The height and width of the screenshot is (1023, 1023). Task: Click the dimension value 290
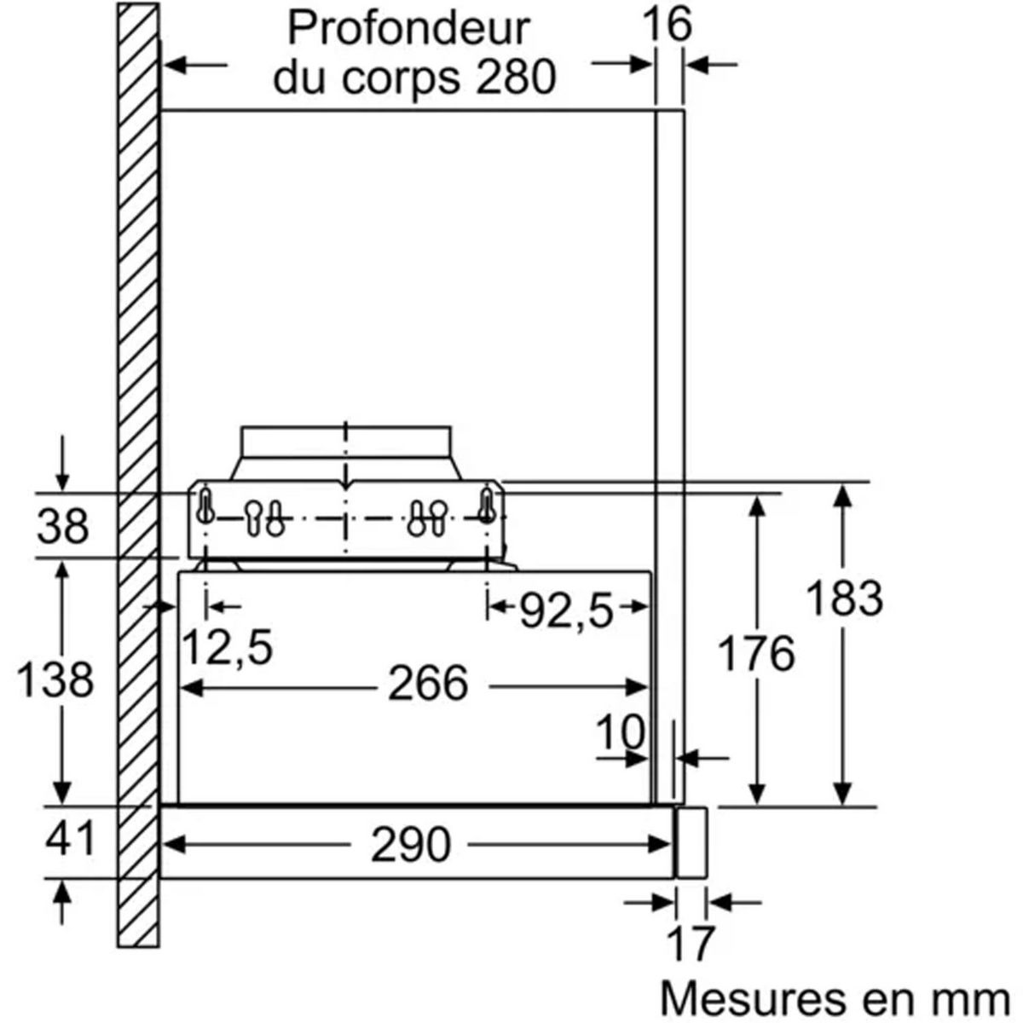pyautogui.click(x=410, y=845)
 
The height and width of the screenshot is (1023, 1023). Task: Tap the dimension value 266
pyautogui.click(x=428, y=684)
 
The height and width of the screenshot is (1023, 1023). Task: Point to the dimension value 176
pyautogui.click(x=755, y=655)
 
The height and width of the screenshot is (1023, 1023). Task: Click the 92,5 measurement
pyautogui.click(x=566, y=610)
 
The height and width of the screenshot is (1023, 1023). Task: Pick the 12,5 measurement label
pyautogui.click(x=228, y=648)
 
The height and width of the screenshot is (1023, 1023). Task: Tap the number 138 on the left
pyautogui.click(x=55, y=679)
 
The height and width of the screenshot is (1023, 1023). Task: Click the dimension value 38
pyautogui.click(x=62, y=526)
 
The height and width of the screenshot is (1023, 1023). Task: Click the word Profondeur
pyautogui.click(x=407, y=29)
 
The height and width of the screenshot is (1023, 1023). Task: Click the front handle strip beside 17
pyautogui.click(x=691, y=842)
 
